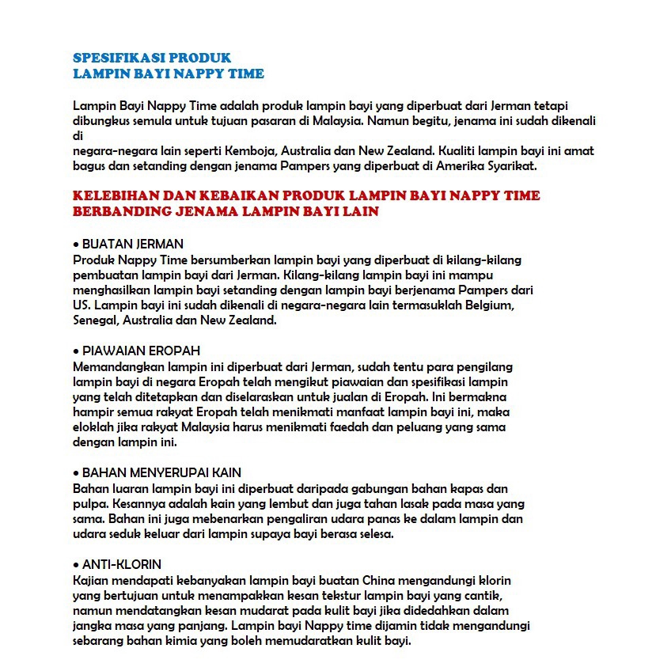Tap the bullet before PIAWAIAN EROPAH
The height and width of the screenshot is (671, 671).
(x=76, y=351)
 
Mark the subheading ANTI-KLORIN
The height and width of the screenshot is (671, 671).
(x=122, y=564)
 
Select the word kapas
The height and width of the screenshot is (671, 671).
(x=474, y=488)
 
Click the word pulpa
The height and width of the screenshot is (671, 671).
(x=88, y=504)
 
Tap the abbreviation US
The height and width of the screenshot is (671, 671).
(x=79, y=305)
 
